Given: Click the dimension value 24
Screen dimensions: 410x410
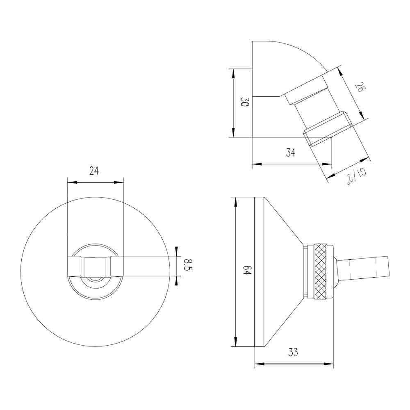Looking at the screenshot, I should [94, 171].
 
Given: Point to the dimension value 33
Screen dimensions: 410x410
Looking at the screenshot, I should [293, 352].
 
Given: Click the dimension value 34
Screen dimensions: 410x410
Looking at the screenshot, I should [291, 153].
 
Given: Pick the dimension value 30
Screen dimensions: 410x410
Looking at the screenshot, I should [245, 102].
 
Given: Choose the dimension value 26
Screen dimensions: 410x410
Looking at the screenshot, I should [359, 88].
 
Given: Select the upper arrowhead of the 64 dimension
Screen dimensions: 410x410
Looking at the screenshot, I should [235, 201].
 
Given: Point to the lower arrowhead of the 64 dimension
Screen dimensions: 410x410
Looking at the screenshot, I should [235, 342].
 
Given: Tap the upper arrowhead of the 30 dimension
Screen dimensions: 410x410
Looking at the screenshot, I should [233, 72].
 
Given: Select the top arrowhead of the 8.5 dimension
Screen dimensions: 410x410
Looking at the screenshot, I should [176, 251].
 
